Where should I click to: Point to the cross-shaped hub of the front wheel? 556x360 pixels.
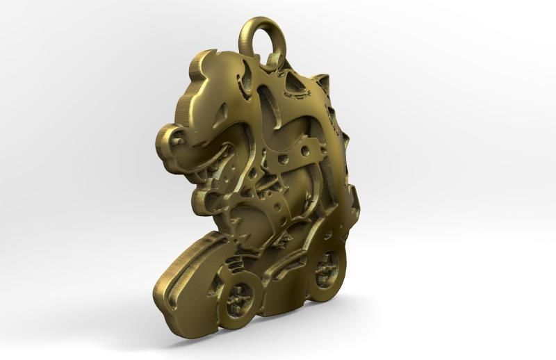click(x=240, y=295)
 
